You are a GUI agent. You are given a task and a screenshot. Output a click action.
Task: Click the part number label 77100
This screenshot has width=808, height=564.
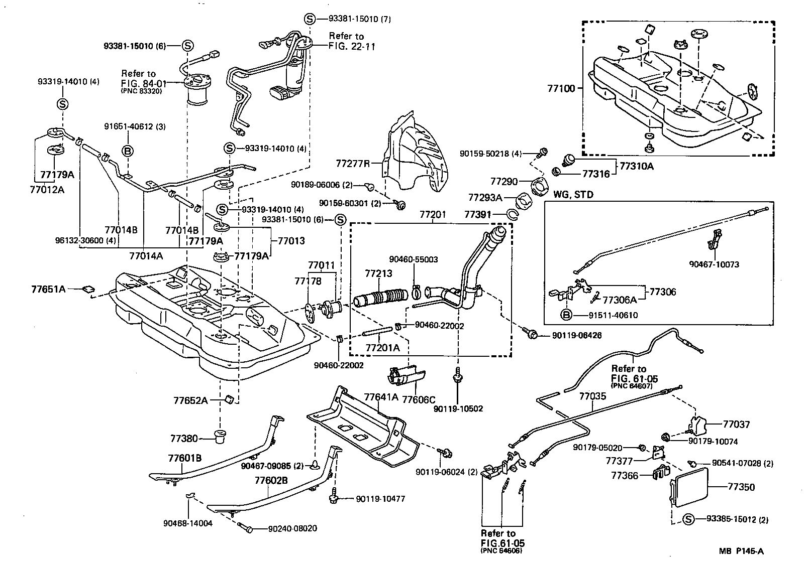coord(562,88)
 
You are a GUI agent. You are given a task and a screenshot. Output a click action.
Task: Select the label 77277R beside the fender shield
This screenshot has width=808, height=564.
coord(353,164)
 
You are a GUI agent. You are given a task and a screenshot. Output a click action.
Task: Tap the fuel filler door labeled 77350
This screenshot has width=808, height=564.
coord(692,485)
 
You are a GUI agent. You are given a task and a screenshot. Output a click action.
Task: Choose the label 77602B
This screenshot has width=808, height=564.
coord(271,480)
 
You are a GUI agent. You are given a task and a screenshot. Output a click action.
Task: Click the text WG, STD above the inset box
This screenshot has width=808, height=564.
coord(573,195)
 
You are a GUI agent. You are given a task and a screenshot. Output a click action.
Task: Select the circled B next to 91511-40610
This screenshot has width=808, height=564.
coord(566,315)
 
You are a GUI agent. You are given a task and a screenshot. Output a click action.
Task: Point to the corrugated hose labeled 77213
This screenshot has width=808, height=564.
coord(381,297)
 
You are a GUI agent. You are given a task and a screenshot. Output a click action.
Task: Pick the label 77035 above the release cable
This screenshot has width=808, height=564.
coord(592,396)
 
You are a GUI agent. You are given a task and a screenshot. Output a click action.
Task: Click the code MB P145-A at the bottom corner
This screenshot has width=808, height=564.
coord(740,551)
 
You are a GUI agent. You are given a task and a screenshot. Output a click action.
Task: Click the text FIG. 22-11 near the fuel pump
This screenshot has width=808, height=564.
coord(352,46)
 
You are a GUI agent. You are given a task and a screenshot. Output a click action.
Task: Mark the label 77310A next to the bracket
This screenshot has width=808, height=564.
coord(636,166)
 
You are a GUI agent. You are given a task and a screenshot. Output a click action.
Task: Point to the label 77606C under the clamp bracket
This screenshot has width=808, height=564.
coord(419,399)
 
